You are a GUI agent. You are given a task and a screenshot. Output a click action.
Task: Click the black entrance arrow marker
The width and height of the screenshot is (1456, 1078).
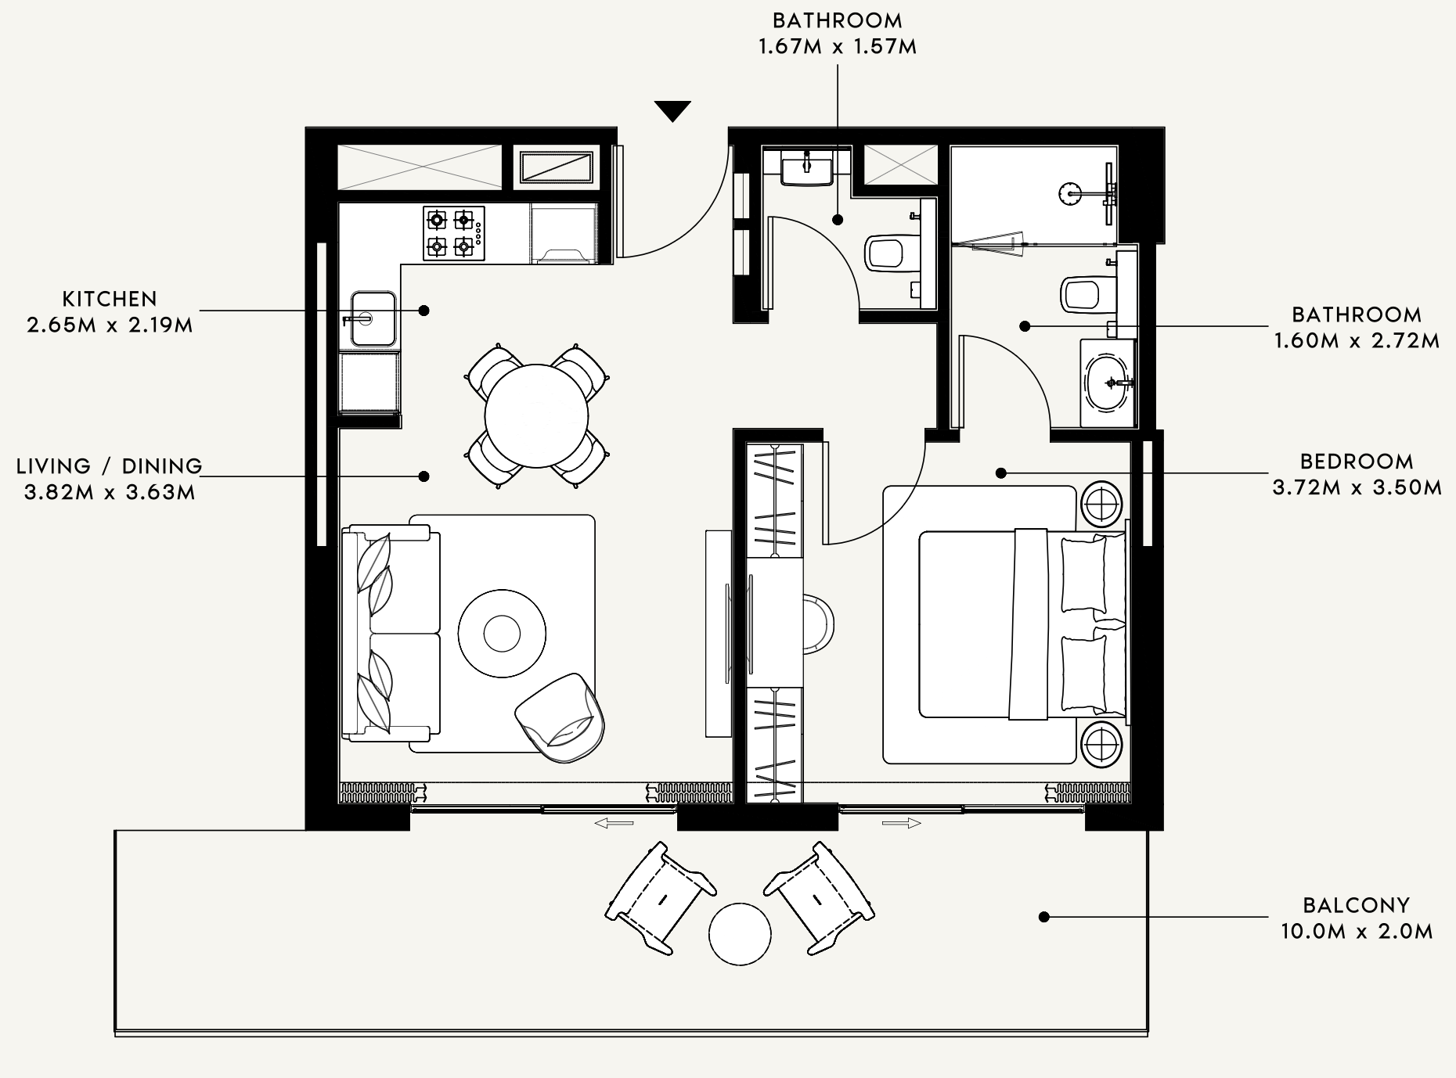click(x=672, y=111)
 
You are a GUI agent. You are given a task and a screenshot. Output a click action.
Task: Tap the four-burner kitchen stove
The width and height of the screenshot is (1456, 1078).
click(x=454, y=233)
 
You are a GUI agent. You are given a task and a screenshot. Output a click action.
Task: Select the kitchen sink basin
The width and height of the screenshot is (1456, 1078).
click(x=373, y=318)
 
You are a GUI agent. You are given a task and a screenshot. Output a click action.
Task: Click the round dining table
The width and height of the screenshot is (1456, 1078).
click(x=536, y=415)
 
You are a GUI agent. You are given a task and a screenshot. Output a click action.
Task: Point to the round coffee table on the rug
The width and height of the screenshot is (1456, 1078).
click(x=502, y=633)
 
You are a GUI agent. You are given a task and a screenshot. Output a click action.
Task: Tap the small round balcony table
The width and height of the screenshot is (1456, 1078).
click(x=740, y=934)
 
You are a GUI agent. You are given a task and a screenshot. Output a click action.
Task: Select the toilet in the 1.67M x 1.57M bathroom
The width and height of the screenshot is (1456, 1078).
click(x=888, y=253)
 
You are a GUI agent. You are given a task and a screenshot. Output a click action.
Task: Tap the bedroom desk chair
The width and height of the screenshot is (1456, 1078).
click(x=819, y=623)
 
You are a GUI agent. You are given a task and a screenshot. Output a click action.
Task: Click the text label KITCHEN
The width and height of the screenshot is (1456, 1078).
click(x=110, y=299)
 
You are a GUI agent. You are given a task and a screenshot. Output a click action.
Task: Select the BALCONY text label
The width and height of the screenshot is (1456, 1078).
click(x=1357, y=905)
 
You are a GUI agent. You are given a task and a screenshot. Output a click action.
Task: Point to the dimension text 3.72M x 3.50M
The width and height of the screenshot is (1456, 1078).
click(x=1357, y=487)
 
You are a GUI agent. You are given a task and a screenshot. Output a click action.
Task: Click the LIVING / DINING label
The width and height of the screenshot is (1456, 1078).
click(x=110, y=466)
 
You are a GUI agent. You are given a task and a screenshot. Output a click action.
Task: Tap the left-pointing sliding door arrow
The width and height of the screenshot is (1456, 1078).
click(x=614, y=823)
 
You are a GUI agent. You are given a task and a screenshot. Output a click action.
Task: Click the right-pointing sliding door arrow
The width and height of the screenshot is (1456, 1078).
click(x=902, y=823)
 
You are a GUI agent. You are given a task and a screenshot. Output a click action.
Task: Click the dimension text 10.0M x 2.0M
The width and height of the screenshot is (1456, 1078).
click(x=1357, y=932)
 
